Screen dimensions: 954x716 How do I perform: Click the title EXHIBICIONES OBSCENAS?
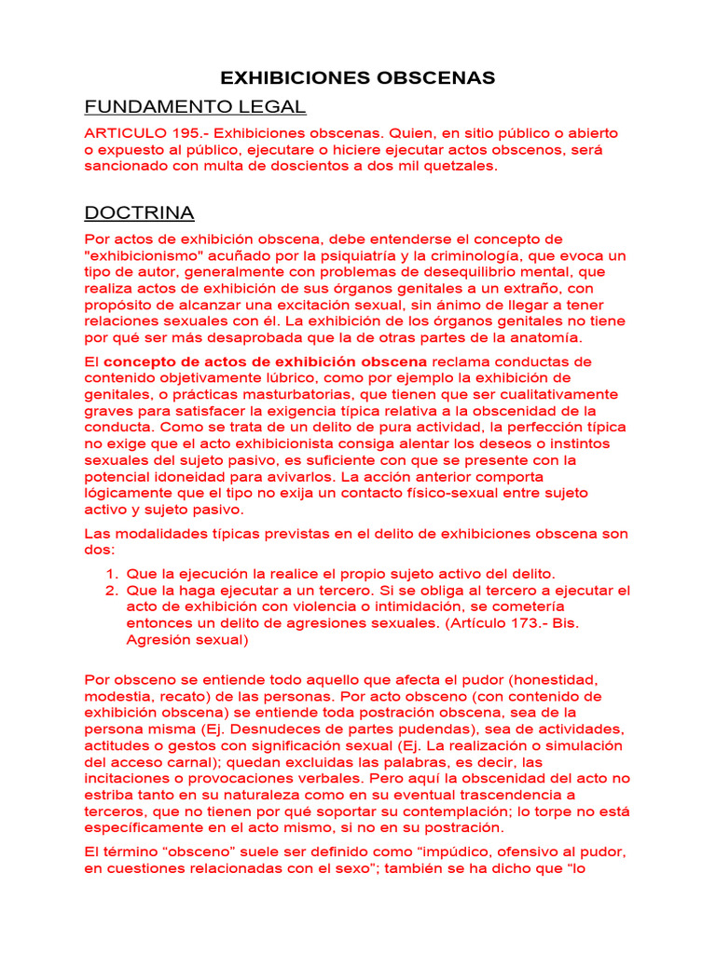357,77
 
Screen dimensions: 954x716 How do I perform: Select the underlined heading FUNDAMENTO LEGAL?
195,106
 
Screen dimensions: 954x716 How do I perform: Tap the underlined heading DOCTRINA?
139,213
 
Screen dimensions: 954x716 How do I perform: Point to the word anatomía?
545,337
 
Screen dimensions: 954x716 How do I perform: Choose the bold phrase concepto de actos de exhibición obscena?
265,361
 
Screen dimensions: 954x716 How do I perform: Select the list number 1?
110,574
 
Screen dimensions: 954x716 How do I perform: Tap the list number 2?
110,591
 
